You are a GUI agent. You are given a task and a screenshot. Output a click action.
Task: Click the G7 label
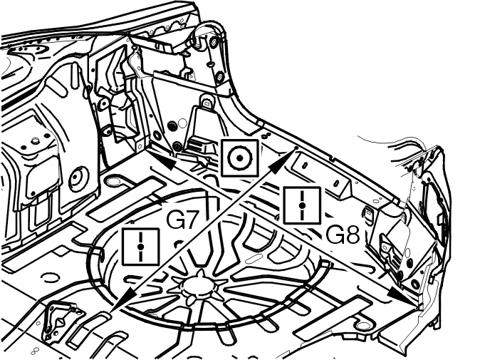pyautogui.click(x=182, y=219)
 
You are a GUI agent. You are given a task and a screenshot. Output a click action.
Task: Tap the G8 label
pyautogui.click(x=342, y=235)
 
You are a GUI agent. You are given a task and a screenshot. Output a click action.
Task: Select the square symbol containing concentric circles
pyautogui.click(x=240, y=158)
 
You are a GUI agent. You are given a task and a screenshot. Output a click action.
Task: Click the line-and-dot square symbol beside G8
pyautogui.click(x=302, y=205)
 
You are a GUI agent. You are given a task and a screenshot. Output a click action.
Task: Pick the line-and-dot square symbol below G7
pyautogui.click(x=140, y=247)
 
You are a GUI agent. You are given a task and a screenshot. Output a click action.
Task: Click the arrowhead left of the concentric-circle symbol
pyautogui.click(x=167, y=163)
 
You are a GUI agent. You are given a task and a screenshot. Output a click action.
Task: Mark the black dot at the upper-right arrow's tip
pyautogui.click(x=296, y=148)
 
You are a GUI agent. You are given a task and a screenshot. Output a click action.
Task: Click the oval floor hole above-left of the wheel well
pyautogui.click(x=113, y=181)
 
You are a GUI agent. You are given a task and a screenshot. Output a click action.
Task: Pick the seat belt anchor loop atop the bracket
pyautogui.click(x=207, y=102)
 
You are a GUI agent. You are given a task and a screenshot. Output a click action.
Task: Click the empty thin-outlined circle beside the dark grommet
pyautogui.click(x=182, y=124)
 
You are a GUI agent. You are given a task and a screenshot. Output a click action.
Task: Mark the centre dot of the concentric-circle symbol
pyautogui.click(x=240, y=158)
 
